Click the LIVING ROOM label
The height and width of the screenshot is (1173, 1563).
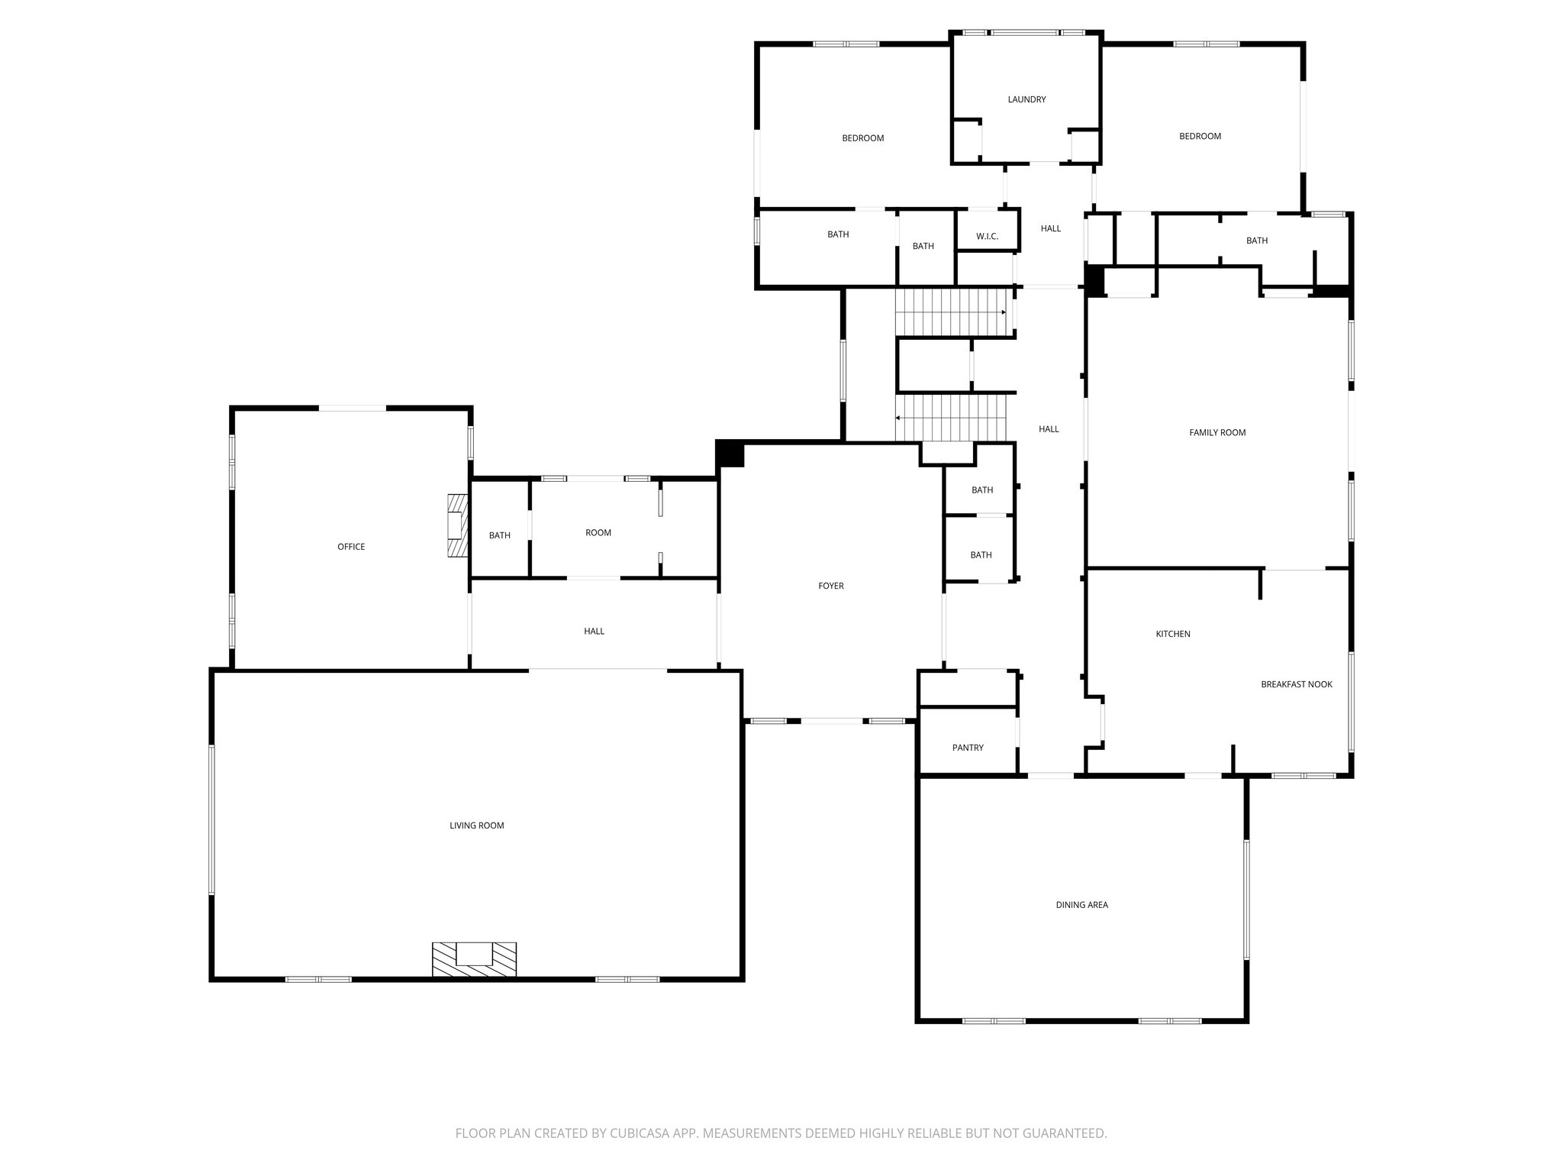(476, 826)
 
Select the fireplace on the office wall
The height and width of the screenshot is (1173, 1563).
(456, 526)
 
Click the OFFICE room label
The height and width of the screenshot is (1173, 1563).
(351, 547)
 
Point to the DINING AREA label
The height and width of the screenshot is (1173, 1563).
(1081, 905)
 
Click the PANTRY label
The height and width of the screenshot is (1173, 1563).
(968, 748)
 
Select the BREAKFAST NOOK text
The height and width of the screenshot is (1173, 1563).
(1296, 684)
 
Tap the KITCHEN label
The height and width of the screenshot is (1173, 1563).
(1172, 634)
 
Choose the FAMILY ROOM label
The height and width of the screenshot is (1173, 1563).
(1217, 432)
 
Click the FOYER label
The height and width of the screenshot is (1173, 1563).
(830, 586)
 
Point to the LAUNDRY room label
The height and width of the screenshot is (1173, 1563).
(1026, 99)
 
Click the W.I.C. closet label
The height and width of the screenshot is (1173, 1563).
(987, 237)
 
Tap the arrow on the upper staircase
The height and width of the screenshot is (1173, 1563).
(1003, 312)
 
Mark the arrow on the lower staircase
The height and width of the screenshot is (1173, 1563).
(899, 418)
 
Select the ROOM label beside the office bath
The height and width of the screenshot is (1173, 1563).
(598, 532)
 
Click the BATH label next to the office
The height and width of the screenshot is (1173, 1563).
(499, 535)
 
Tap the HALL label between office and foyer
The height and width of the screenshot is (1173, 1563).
(594, 631)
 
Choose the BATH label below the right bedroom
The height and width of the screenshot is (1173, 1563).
(1256, 241)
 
